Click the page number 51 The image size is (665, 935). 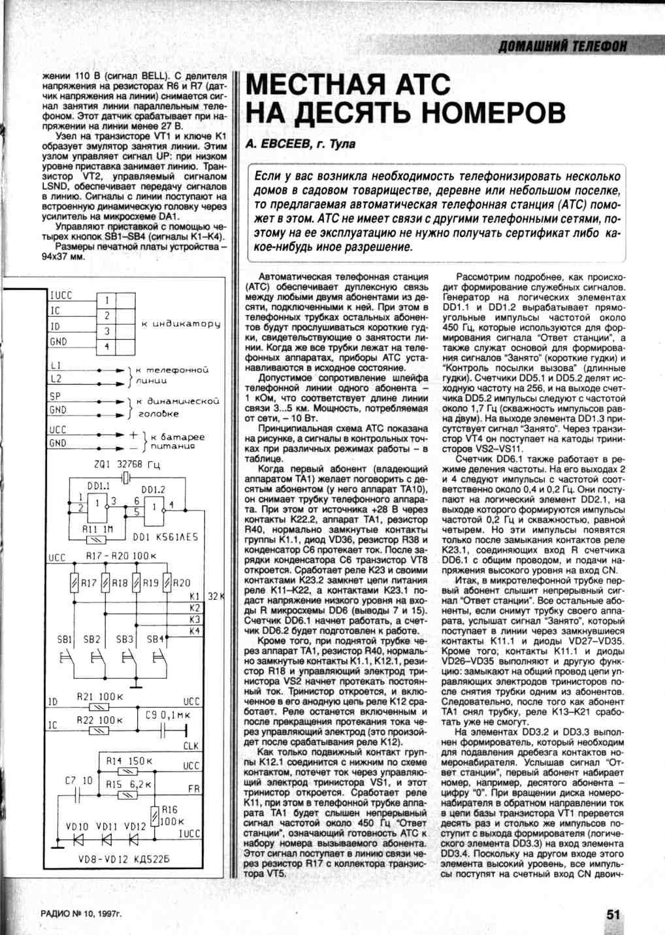point(613,914)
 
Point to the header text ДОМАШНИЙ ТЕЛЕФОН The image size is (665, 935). point(562,46)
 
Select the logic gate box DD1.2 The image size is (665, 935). point(154,506)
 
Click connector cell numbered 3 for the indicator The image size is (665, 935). point(106,332)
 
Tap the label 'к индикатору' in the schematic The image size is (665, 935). point(180,324)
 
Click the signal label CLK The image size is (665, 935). point(191,746)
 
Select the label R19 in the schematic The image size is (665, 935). point(149,583)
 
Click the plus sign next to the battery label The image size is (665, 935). point(133,435)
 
